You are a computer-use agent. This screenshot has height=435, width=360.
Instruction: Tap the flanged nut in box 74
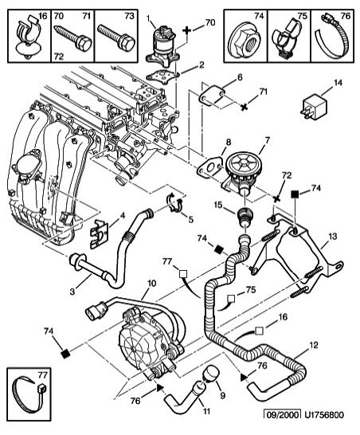(x=243, y=41)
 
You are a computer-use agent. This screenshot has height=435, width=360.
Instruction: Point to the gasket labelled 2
(x=163, y=76)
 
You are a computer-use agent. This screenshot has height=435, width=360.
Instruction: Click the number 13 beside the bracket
(x=332, y=237)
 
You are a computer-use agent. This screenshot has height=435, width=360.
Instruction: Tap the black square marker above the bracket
(x=295, y=194)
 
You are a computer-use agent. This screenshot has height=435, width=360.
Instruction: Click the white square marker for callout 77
(x=182, y=274)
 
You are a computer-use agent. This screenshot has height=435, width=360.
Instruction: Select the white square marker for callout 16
(x=259, y=331)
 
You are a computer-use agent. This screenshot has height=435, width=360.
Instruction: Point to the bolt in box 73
(x=116, y=37)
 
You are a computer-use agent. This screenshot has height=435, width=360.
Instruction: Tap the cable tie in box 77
(x=29, y=394)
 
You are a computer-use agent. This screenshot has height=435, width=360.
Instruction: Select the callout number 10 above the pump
(x=151, y=284)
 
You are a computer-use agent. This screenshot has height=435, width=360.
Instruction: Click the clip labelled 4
(x=99, y=233)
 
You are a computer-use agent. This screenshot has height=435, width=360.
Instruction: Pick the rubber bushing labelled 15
(x=245, y=216)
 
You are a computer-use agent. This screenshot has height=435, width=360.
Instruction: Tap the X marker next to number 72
(x=276, y=198)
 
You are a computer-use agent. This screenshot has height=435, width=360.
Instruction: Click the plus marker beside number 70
(x=187, y=30)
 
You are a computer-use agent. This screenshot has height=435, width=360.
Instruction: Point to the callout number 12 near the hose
(x=314, y=345)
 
